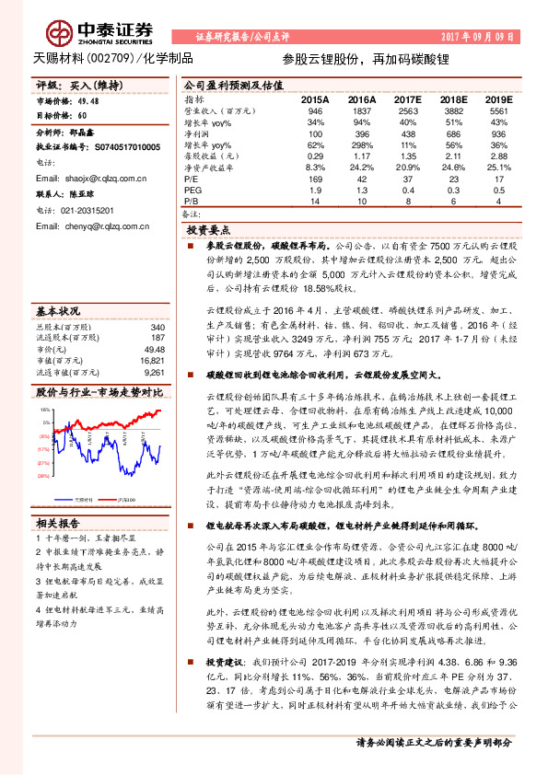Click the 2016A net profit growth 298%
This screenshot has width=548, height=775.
361,145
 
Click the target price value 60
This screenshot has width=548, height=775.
83,117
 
